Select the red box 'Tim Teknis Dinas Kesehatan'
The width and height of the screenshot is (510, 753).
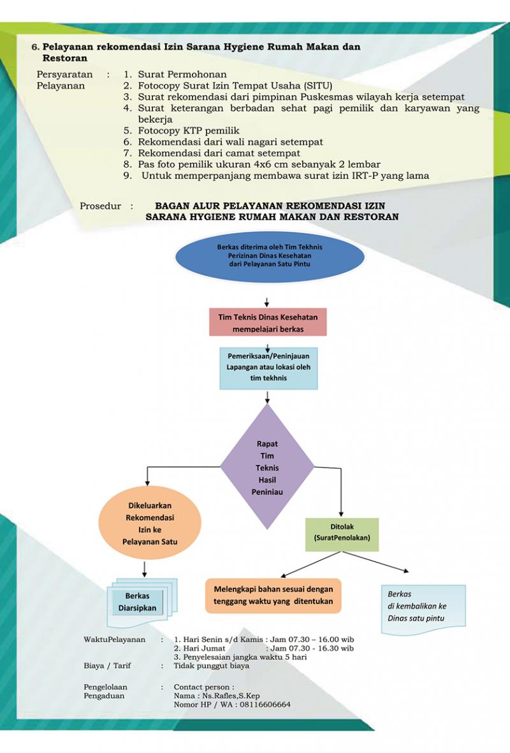268,322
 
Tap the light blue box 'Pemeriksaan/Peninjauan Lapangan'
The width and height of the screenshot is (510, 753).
268,368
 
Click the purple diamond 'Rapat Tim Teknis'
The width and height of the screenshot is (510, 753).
267,467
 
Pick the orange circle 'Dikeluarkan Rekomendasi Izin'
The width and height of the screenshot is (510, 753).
149,524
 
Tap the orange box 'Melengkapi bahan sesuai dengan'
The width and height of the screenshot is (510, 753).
273,595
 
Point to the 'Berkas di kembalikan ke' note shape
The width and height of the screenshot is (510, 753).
423,608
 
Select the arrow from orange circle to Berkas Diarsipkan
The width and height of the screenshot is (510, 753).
145,568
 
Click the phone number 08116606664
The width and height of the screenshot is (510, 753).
263,705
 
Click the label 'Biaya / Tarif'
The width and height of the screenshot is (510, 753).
107,666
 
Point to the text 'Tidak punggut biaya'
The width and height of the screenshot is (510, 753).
211,666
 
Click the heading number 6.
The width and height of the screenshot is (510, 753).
35,47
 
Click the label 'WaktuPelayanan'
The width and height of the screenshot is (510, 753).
114,639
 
